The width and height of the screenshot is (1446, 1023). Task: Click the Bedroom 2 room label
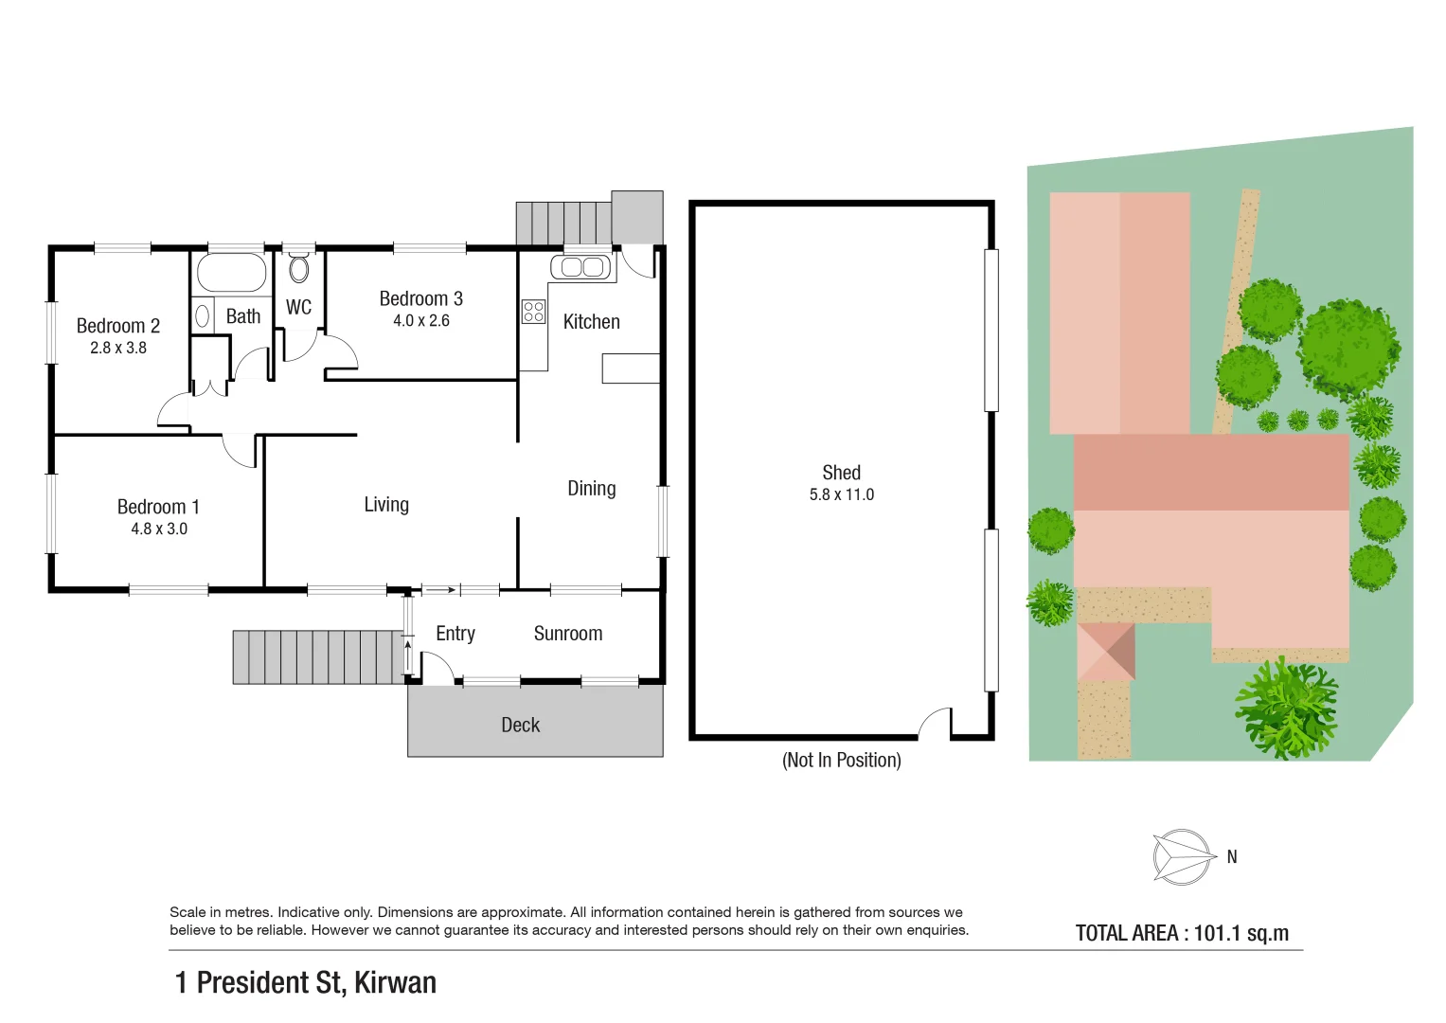[117, 326]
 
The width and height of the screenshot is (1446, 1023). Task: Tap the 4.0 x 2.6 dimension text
[420, 321]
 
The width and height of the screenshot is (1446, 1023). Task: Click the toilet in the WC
[299, 269]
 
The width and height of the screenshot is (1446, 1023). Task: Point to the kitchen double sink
[582, 267]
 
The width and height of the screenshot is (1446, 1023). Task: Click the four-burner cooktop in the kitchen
[533, 312]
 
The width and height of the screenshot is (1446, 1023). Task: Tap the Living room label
[386, 505]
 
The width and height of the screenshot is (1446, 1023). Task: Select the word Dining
[591, 489]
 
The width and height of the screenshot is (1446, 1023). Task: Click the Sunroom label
[567, 634]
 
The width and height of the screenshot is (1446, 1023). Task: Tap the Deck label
[520, 726]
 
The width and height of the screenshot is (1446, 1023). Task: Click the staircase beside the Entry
[318, 656]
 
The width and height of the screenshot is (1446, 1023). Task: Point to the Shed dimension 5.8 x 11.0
[841, 495]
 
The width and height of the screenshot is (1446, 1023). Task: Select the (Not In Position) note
[841, 761]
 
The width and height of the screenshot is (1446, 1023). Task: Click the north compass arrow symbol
[1182, 857]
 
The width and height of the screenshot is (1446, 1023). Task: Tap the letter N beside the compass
[1232, 857]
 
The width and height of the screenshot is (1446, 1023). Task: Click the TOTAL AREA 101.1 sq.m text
[1182, 933]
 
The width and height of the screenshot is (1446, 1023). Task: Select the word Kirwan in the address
[395, 983]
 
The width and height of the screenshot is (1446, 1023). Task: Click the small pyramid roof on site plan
[1106, 651]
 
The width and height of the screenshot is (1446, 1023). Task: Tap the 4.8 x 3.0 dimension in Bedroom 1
[159, 529]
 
